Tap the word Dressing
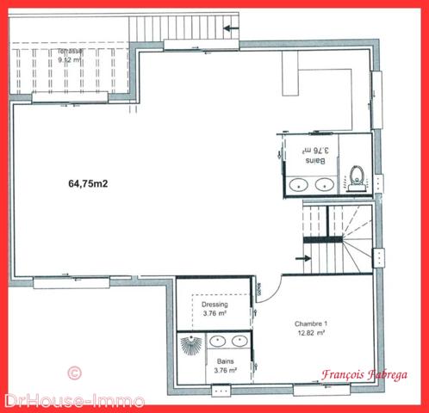tap(214, 305)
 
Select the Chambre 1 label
tap(310, 324)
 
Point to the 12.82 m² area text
tap(310, 332)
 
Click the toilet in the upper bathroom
tap(357, 178)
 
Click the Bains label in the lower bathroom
tap(226, 363)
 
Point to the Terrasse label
tap(70, 52)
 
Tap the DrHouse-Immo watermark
tap(73, 401)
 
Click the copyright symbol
tap(73, 373)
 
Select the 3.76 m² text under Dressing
tap(214, 314)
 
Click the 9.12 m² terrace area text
tap(69, 60)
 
